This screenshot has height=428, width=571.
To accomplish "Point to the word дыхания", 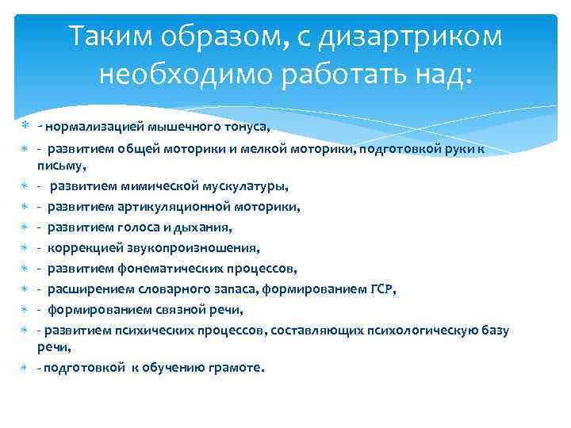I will pyautogui.click(x=207, y=228).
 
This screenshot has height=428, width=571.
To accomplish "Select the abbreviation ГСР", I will pyautogui.click(x=380, y=290).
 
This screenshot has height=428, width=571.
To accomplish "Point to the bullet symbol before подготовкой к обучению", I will pyautogui.click(x=24, y=368).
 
